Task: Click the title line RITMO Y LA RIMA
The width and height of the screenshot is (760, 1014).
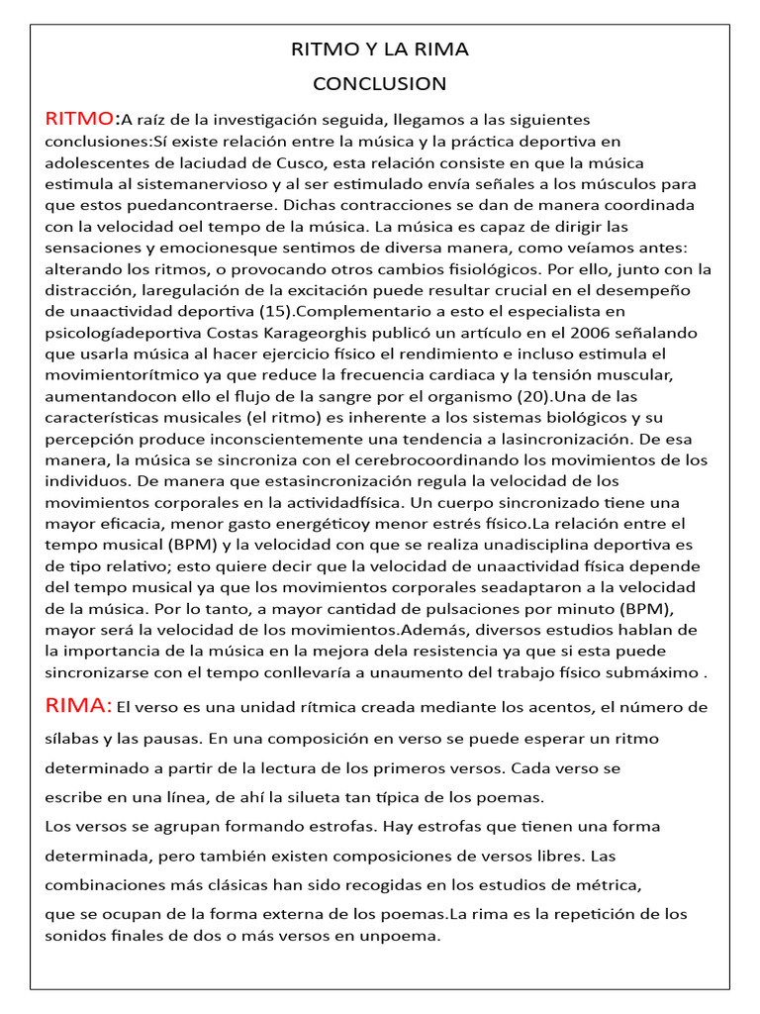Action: tap(379, 50)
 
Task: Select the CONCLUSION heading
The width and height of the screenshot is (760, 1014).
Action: tap(379, 83)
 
